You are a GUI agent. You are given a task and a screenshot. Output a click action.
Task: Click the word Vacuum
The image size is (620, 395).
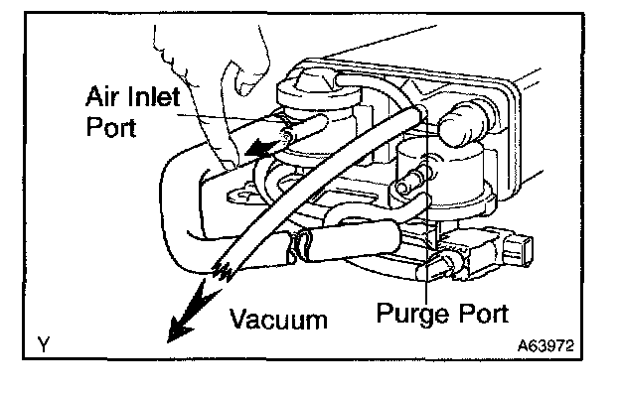[x=278, y=320]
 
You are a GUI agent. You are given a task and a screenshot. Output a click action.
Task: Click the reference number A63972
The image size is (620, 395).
[x=545, y=345]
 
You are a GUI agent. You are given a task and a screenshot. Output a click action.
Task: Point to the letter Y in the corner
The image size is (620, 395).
[x=44, y=344]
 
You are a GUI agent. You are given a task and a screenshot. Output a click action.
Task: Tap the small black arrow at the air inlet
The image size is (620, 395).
[x=257, y=149]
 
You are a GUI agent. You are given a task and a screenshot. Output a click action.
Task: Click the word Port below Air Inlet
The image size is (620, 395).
[x=111, y=126]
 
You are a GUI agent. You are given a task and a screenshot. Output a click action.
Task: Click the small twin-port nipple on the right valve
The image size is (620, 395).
[x=411, y=181]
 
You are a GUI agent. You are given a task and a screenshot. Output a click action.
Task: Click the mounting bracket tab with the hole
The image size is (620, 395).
[x=242, y=194]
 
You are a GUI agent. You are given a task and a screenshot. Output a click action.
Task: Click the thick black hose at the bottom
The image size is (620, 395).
[x=352, y=242]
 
